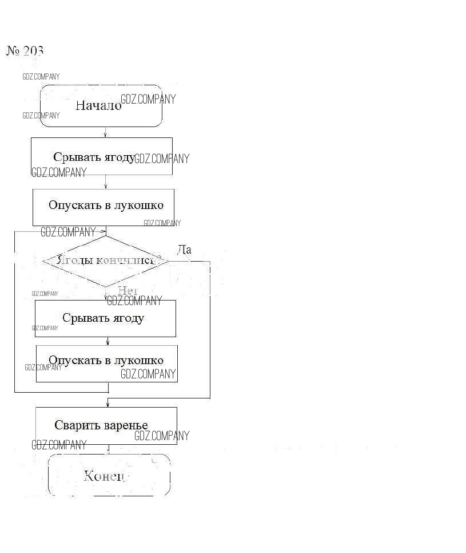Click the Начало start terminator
click(101, 106)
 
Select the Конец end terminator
click(109, 475)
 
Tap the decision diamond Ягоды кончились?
click(106, 261)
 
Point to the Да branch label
click(184, 250)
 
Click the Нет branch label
click(128, 291)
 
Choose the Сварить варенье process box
click(106, 425)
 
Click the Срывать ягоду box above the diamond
click(101, 156)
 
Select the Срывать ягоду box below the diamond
click(105, 318)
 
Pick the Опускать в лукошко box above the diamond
click(103, 206)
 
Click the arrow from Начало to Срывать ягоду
click(105, 132)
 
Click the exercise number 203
click(25, 51)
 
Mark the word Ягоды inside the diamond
click(71, 260)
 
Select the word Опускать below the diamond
click(75, 361)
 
